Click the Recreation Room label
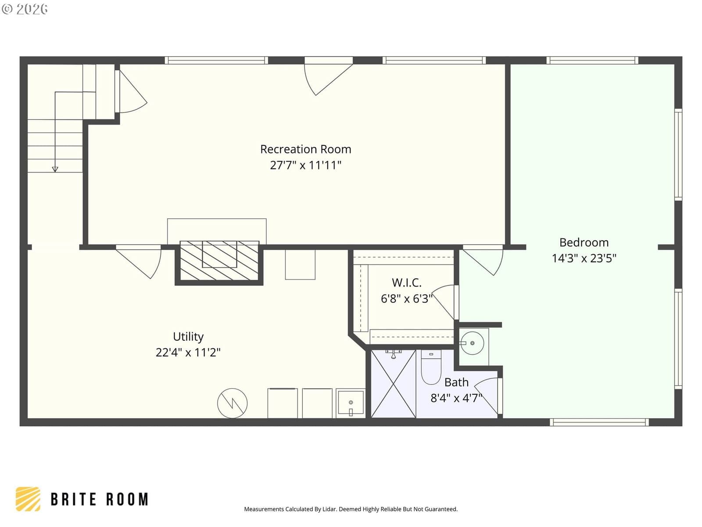305,149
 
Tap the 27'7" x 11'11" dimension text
305,165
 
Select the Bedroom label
584,242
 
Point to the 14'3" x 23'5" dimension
584,258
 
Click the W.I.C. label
406,282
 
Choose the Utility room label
188,336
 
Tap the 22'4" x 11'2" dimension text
188,352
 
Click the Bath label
456,383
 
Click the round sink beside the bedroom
473,343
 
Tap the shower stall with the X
394,384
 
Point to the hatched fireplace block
219,261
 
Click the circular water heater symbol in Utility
232,403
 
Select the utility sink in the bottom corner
351,404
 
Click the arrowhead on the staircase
55,169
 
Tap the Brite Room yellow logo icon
28,499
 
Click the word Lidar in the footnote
330,509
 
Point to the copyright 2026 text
25,9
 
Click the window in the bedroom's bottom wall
599,422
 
